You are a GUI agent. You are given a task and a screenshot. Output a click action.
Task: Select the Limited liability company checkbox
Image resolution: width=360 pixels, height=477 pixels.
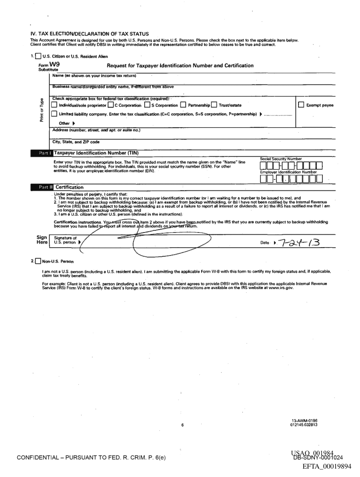pyautogui.click(x=54, y=114)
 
